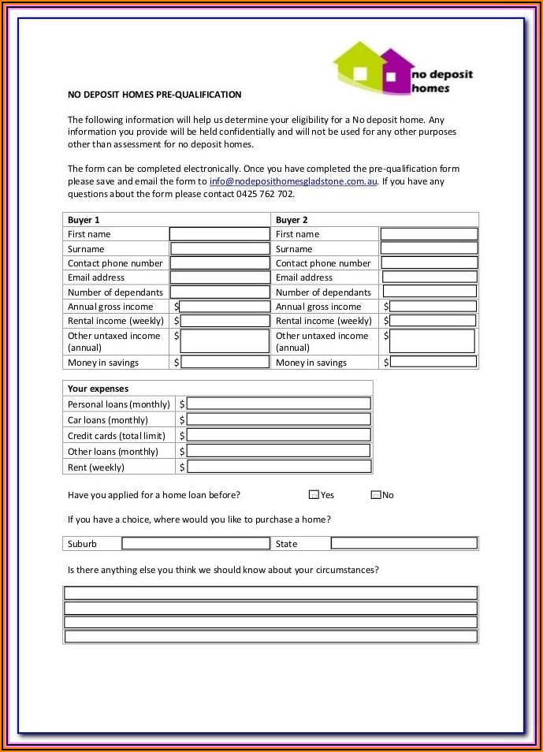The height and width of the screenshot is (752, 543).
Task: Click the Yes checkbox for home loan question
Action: (x=313, y=495)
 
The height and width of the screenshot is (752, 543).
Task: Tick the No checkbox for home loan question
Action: (x=376, y=495)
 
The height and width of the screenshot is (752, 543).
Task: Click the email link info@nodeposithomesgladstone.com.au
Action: (x=293, y=181)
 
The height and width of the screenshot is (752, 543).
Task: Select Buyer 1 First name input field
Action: (x=219, y=234)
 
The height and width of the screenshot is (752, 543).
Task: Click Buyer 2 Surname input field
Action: (x=430, y=249)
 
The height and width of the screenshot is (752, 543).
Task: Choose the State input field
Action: (x=404, y=543)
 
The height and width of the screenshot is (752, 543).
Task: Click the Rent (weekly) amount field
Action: (x=278, y=467)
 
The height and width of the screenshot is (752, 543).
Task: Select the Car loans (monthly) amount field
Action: (x=278, y=419)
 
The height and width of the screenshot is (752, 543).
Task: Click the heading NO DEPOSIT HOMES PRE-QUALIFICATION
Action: (x=154, y=95)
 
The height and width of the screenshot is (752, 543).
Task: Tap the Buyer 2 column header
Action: (x=292, y=220)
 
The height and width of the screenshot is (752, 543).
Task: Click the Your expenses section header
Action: (x=98, y=389)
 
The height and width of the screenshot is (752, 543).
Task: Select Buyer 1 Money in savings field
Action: (x=225, y=363)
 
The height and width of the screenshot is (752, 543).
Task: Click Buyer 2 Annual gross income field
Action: (x=433, y=307)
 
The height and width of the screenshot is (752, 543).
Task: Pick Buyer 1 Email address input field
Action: (x=219, y=277)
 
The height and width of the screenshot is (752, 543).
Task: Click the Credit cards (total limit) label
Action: (x=117, y=436)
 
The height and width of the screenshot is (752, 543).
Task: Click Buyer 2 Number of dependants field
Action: (x=430, y=292)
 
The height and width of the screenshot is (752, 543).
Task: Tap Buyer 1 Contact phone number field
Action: (x=219, y=263)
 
